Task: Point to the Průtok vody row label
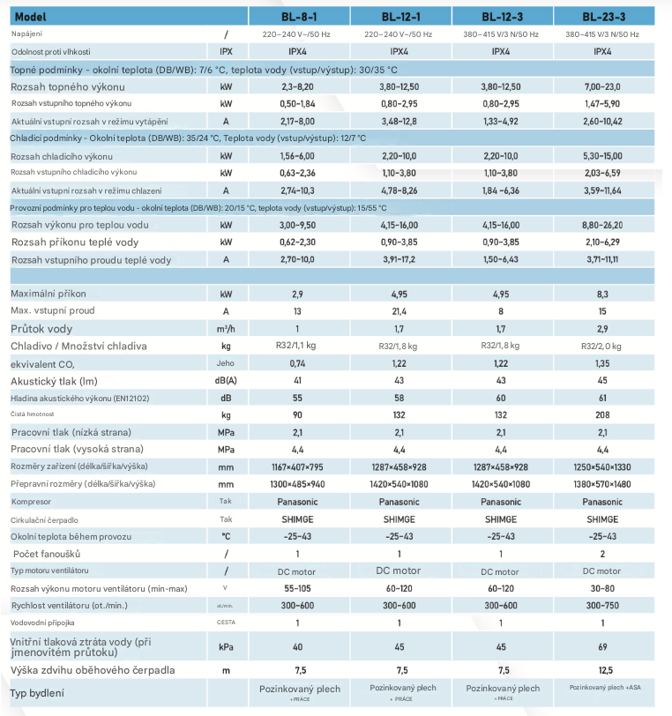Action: pos(41,328)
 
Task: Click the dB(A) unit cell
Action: pos(227,380)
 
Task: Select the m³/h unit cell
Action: pos(227,328)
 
